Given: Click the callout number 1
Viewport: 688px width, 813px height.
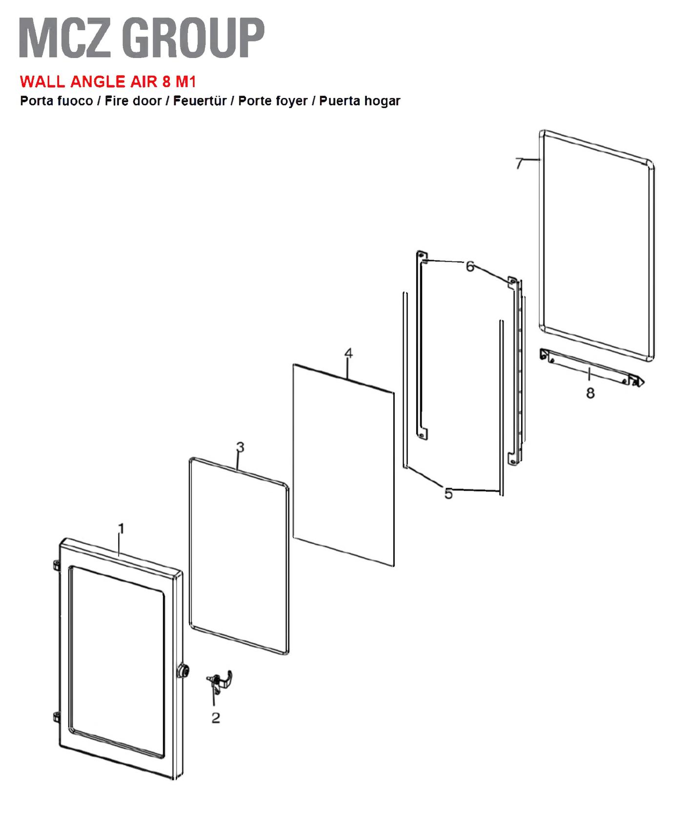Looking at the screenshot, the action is click(122, 529).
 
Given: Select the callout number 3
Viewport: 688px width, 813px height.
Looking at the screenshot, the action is click(240, 447).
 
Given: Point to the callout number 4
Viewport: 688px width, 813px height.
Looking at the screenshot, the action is click(348, 353).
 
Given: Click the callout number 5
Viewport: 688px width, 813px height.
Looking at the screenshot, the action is click(448, 494).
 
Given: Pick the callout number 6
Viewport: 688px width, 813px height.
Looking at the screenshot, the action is click(470, 266).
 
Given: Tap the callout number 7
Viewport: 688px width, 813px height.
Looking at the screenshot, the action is click(520, 163).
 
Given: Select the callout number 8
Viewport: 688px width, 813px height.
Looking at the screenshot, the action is click(590, 393).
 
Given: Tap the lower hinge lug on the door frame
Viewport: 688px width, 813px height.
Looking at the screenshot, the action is click(56, 718).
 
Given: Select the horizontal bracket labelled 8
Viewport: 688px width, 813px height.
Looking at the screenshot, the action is click(592, 367).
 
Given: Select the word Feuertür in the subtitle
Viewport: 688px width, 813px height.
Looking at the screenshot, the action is click(200, 101).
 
